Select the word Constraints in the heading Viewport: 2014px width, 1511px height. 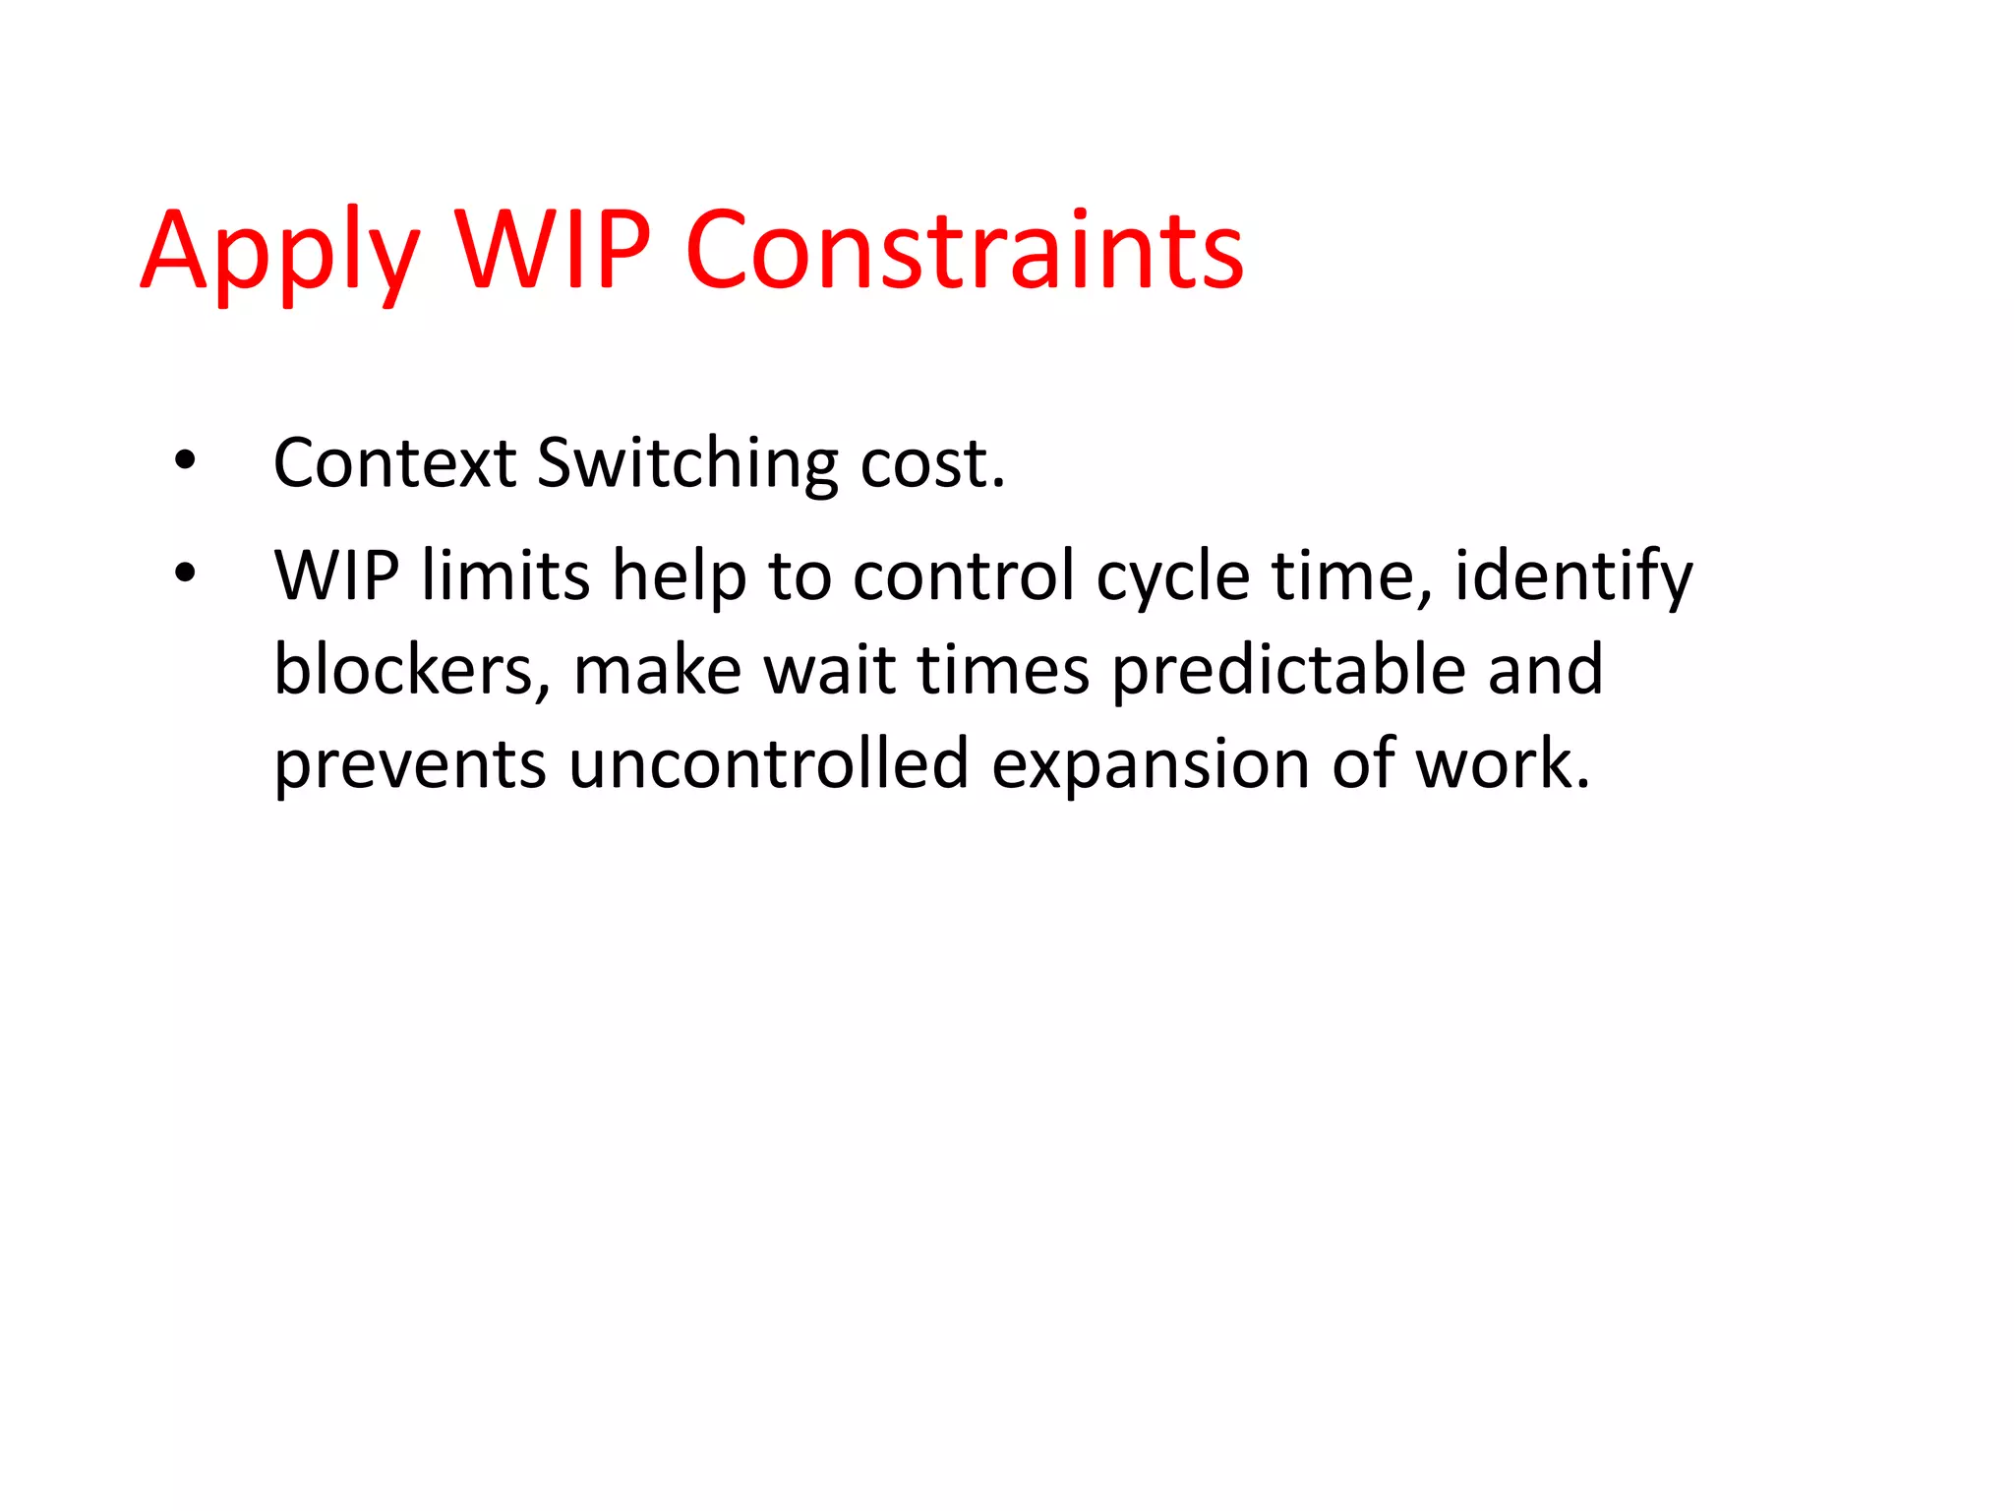pos(964,251)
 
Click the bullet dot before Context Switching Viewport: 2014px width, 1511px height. pos(184,460)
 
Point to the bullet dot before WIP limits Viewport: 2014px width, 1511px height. pos(184,573)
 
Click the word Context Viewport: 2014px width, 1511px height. pos(394,462)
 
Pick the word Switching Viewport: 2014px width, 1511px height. pos(687,464)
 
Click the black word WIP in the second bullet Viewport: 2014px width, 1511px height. pos(336,575)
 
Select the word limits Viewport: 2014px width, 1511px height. pos(505,575)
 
